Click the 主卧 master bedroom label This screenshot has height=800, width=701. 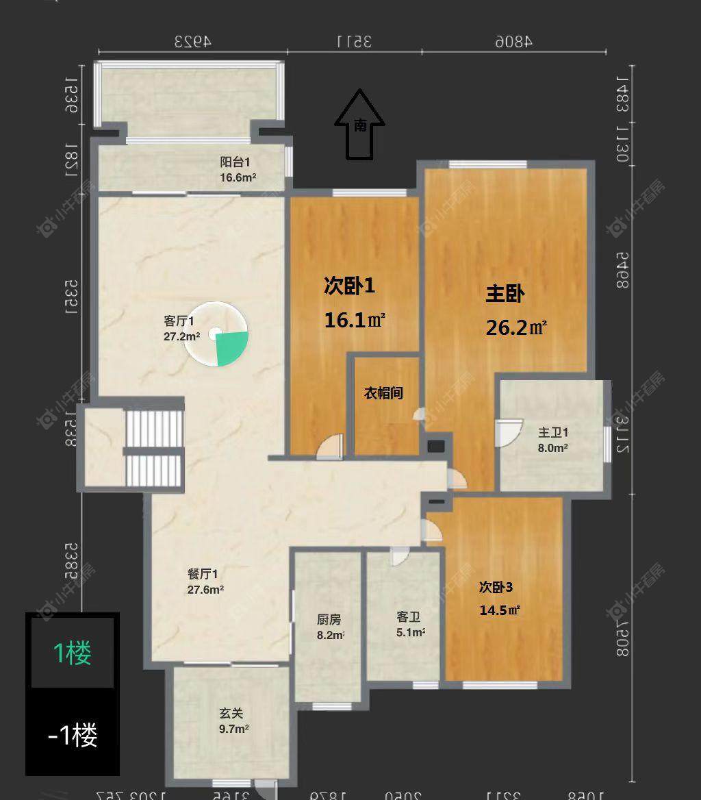tap(505, 295)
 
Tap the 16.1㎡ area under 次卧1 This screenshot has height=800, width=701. tap(355, 320)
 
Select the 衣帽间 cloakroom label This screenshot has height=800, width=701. tap(383, 393)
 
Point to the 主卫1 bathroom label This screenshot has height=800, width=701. tap(553, 433)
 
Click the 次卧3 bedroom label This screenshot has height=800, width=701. tap(496, 587)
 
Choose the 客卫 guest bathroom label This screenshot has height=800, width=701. tap(407, 616)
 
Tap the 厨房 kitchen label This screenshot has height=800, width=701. tap(329, 619)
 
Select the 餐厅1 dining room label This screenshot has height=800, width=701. tap(203, 574)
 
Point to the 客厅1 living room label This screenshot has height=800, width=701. tap(179, 321)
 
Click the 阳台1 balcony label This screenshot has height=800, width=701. tap(235, 162)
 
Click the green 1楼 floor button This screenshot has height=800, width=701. tap(73, 653)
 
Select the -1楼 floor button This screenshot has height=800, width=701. tap(73, 735)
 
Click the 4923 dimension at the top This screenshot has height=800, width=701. tap(192, 41)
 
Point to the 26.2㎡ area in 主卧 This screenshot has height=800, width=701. tap(516, 327)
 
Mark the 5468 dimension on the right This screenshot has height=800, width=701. tap(622, 270)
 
